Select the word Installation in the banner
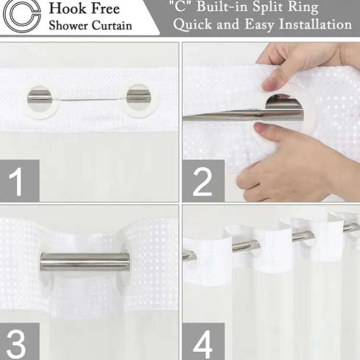(x=315, y=24)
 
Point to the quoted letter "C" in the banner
(x=180, y=7)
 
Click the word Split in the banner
(x=267, y=7)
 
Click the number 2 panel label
(x=203, y=181)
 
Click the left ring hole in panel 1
(x=40, y=99)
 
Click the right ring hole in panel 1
(x=139, y=97)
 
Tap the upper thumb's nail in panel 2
(x=268, y=84)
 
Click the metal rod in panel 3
(x=84, y=261)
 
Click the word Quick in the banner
(x=192, y=24)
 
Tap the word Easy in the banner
(x=259, y=25)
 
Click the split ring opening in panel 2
(x=284, y=108)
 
